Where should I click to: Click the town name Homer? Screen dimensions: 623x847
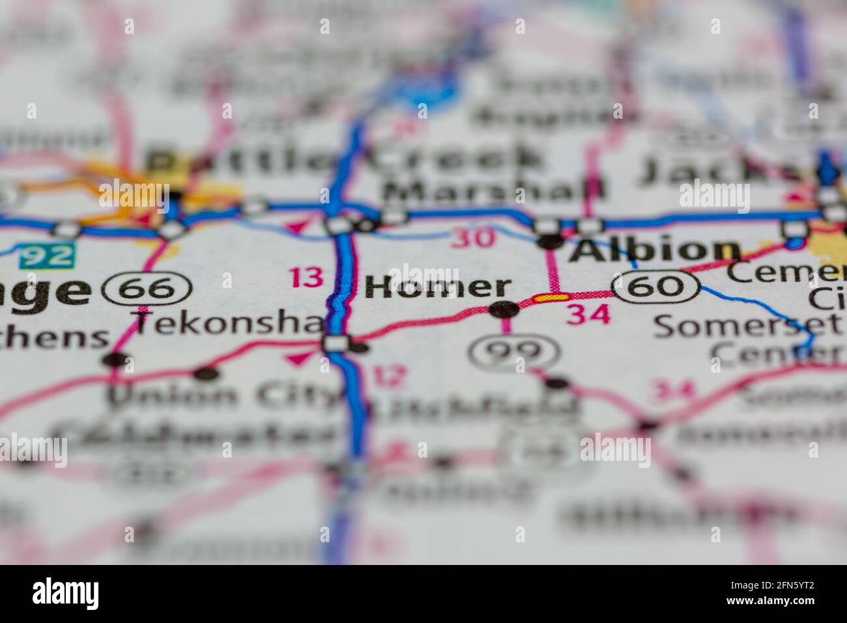click(x=437, y=287)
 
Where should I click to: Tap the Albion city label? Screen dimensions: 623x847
click(x=654, y=250)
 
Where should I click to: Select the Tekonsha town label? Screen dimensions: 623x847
click(x=228, y=321)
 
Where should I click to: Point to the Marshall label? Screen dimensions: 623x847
click(x=494, y=191)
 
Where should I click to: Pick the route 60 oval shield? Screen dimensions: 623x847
click(x=656, y=285)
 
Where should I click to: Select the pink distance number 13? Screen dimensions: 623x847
click(x=306, y=278)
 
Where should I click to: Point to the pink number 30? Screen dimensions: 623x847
click(x=474, y=238)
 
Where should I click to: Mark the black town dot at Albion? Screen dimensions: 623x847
click(x=549, y=242)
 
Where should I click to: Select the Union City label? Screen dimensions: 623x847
click(x=222, y=395)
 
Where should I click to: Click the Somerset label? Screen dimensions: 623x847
click(x=746, y=325)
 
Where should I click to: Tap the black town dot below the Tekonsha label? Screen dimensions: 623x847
click(x=206, y=373)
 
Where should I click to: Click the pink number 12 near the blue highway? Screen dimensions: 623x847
click(x=388, y=375)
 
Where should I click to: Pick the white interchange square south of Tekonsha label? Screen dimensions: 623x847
click(x=337, y=343)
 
